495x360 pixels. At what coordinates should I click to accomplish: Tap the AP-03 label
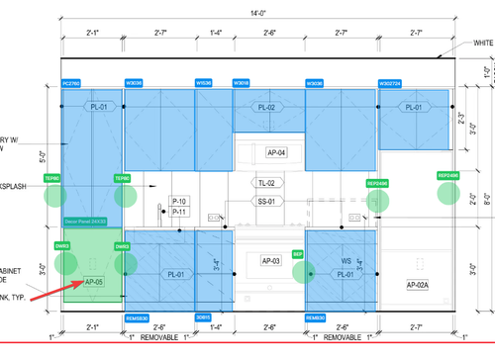coord(271,260)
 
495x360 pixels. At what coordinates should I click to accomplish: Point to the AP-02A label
coord(417,285)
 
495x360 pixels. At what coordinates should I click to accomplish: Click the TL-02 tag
coord(266,184)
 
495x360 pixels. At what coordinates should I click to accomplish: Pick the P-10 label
coord(179,201)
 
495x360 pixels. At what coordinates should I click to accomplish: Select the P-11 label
coord(179,212)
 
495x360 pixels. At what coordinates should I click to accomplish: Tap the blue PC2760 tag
coord(71,83)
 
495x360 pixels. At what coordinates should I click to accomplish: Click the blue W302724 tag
coord(390,83)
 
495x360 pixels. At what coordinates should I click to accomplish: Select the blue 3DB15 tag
coord(203,317)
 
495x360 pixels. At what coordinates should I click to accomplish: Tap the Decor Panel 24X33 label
coord(84,222)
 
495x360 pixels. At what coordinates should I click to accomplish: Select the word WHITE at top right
coord(483,44)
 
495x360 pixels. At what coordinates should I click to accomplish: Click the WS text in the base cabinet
coord(346,262)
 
